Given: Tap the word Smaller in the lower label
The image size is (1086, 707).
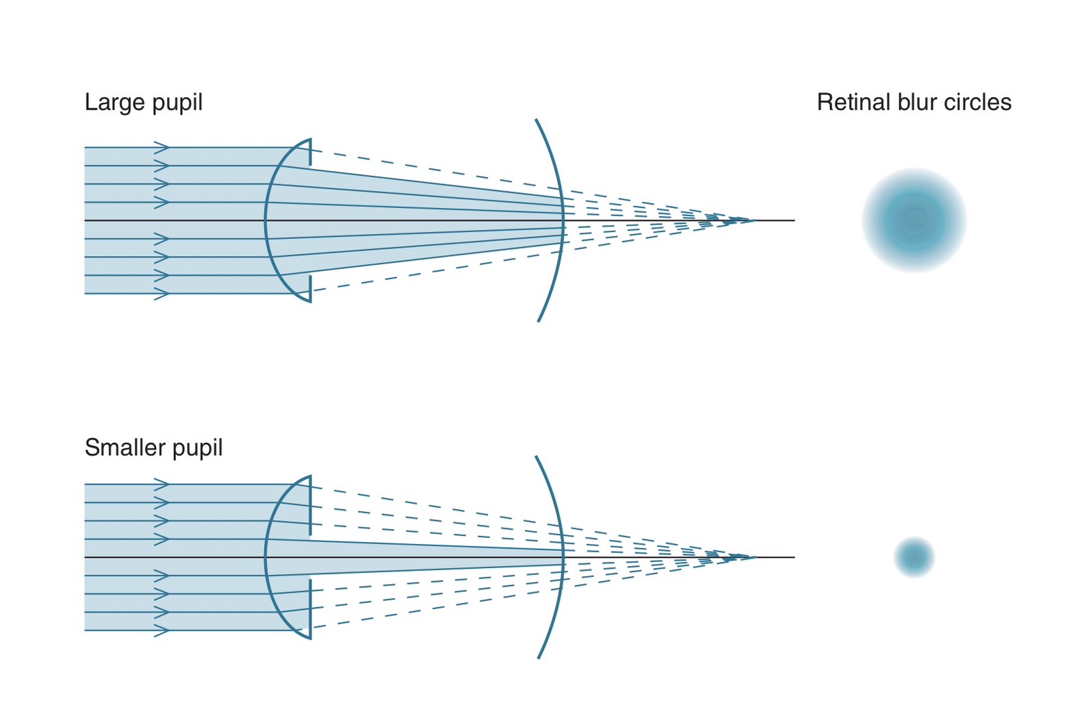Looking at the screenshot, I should click(125, 448).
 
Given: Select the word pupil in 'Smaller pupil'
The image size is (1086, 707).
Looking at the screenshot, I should click(197, 448).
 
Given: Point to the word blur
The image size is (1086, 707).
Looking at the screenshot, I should click(917, 102).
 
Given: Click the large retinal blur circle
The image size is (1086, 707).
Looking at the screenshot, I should click(914, 220).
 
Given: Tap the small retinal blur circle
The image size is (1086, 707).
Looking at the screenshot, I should click(914, 557).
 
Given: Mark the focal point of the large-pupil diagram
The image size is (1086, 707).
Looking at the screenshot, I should click(754, 220).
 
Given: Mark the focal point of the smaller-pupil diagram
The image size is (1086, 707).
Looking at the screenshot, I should click(754, 557).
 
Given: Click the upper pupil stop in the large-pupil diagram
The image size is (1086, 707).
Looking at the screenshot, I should click(310, 152).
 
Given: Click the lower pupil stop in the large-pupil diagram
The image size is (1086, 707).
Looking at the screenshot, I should click(310, 288).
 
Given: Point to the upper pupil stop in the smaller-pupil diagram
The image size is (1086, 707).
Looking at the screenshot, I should click(310, 505).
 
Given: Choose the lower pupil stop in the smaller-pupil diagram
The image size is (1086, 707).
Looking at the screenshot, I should click(310, 608).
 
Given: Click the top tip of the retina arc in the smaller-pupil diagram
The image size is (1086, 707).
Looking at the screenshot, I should click(536, 457).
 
